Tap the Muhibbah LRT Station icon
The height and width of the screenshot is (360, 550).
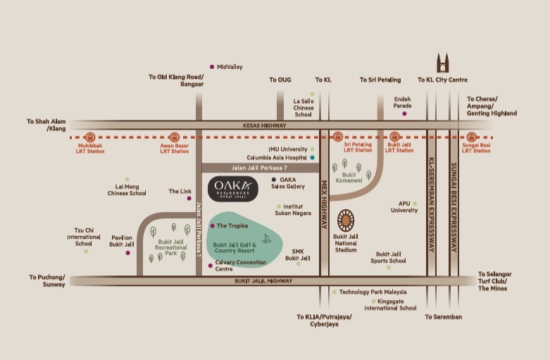90,137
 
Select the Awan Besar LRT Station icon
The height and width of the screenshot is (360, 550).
174,137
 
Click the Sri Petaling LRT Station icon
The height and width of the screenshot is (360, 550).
338,137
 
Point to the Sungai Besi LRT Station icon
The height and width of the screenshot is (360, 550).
471,137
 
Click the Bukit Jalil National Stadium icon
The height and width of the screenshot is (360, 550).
346,221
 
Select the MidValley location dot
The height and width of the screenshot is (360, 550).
212,67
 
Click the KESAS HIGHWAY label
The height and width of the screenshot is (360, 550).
261,125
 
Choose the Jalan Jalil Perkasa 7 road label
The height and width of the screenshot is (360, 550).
259,168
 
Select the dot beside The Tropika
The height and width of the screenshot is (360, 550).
212,226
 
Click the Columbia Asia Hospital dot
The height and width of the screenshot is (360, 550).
312,158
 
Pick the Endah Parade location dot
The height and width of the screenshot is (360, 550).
404,113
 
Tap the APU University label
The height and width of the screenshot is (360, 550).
404,206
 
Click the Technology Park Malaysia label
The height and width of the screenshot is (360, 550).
373,292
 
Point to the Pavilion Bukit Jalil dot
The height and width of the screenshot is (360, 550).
127,252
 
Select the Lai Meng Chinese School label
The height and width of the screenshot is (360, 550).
127,189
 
